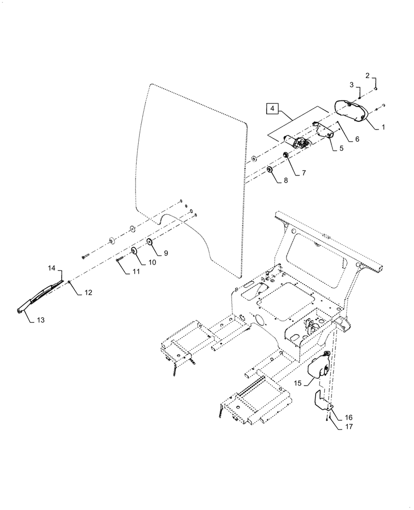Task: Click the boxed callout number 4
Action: [272, 109]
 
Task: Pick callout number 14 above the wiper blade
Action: [51, 268]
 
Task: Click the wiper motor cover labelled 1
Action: [351, 111]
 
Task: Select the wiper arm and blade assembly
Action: [41, 296]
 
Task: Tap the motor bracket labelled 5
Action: [325, 133]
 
